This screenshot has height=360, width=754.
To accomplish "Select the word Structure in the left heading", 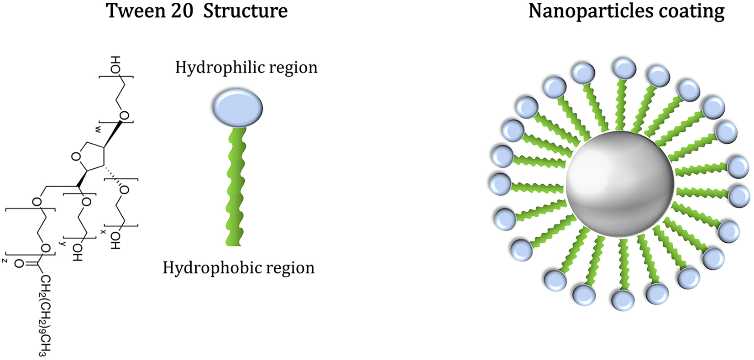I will coord(245,10).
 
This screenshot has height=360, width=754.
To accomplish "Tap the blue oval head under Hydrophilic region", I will coord(237,108).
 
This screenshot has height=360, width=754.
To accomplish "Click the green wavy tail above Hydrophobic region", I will coord(236,187).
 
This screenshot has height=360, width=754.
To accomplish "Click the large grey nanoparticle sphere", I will coord(620,184).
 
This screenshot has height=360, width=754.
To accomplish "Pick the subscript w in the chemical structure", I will coord(98,130).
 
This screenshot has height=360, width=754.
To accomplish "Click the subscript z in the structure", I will coord(5,260).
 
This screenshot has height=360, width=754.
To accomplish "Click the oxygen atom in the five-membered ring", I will coord(76,157).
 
